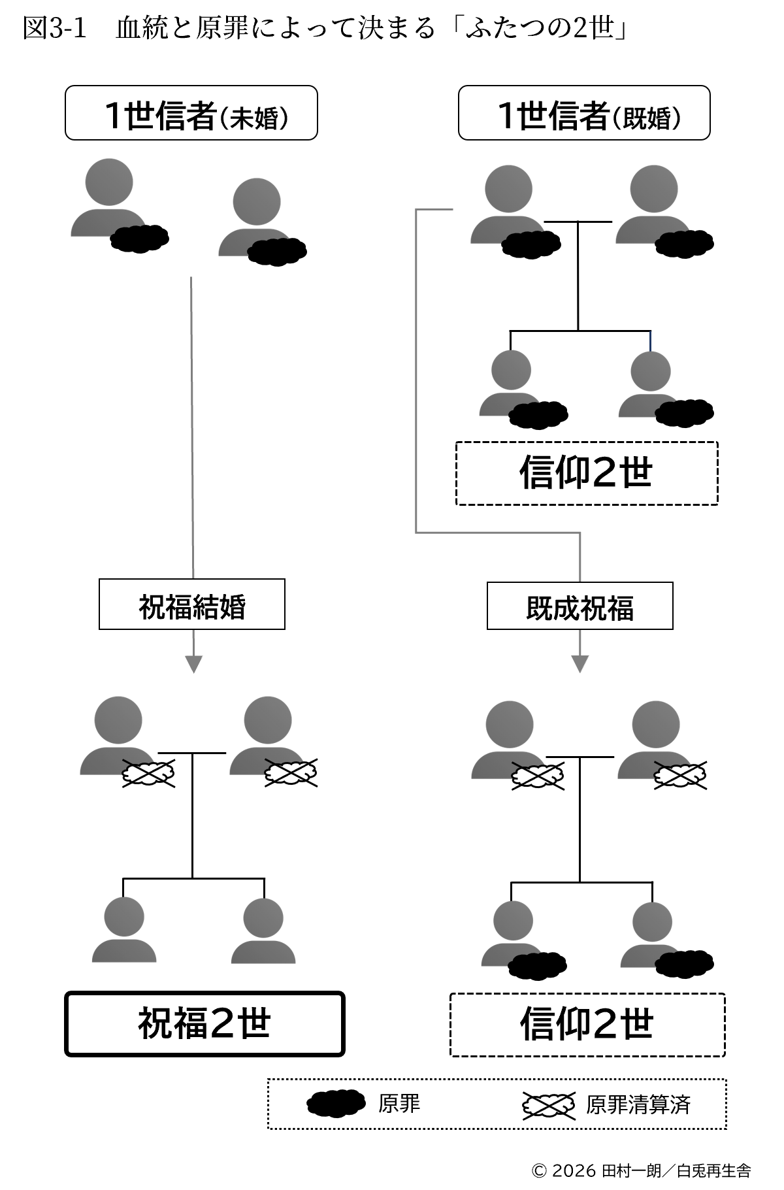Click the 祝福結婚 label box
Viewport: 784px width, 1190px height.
[191, 604]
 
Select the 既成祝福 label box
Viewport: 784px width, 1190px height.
[580, 606]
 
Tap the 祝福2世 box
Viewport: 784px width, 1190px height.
[204, 1023]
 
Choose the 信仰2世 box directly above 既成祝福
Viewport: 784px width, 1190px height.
[587, 473]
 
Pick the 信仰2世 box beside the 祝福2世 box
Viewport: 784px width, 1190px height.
[587, 1025]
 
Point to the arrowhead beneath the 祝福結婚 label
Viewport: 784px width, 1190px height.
[193, 664]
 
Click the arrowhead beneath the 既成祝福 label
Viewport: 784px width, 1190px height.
[580, 664]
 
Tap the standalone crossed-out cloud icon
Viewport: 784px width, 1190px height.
[548, 1105]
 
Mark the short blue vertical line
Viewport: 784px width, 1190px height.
[650, 340]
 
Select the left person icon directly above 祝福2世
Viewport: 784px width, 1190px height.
[124, 929]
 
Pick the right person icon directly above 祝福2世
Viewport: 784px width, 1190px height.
[263, 930]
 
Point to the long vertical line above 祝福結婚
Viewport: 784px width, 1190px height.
[192, 425]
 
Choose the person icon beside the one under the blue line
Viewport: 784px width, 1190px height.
[510, 383]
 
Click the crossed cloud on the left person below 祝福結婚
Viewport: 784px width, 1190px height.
[148, 774]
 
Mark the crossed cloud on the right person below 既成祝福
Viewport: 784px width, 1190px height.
[679, 775]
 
